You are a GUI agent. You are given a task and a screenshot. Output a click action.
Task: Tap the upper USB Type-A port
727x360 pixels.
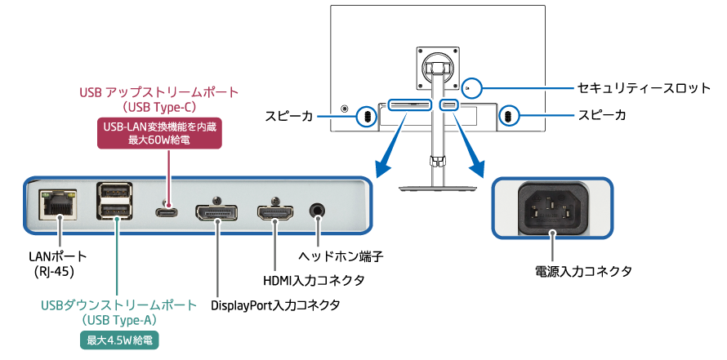[116, 194]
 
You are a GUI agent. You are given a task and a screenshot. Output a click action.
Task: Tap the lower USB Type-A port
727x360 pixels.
[116, 214]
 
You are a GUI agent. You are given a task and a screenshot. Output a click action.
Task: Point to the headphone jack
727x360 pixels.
[319, 211]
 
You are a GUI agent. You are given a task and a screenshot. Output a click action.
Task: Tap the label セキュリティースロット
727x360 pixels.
[632, 86]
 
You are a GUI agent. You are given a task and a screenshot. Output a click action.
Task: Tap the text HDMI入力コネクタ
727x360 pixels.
[313, 281]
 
